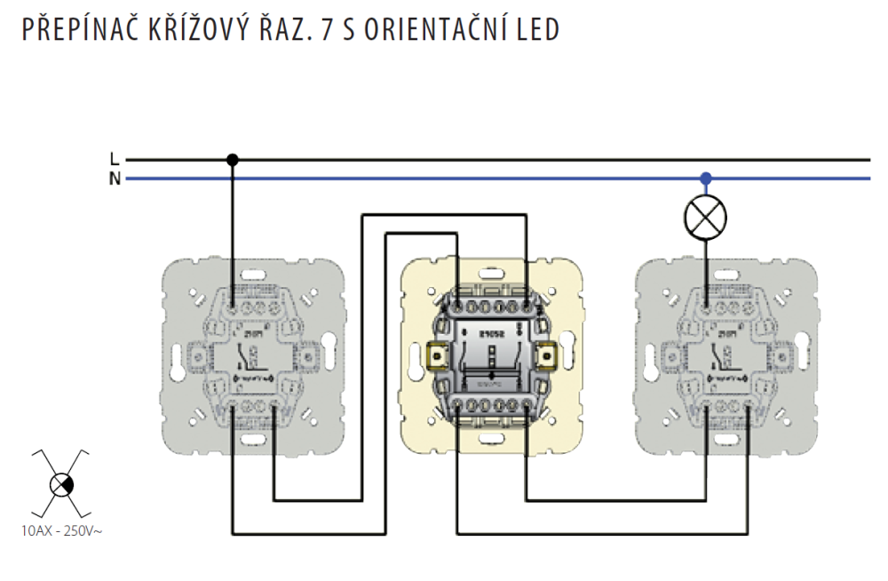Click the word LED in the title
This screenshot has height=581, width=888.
coord(538,29)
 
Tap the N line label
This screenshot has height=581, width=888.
coord(114,179)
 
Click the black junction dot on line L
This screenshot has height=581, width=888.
coord(233,160)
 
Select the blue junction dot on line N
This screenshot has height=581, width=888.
coord(706,179)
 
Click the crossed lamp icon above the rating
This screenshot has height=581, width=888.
coord(60,484)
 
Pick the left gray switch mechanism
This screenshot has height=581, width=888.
coord(252,355)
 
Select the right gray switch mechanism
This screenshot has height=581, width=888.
coord(726,355)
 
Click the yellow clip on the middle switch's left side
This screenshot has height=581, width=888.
coord(437,356)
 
